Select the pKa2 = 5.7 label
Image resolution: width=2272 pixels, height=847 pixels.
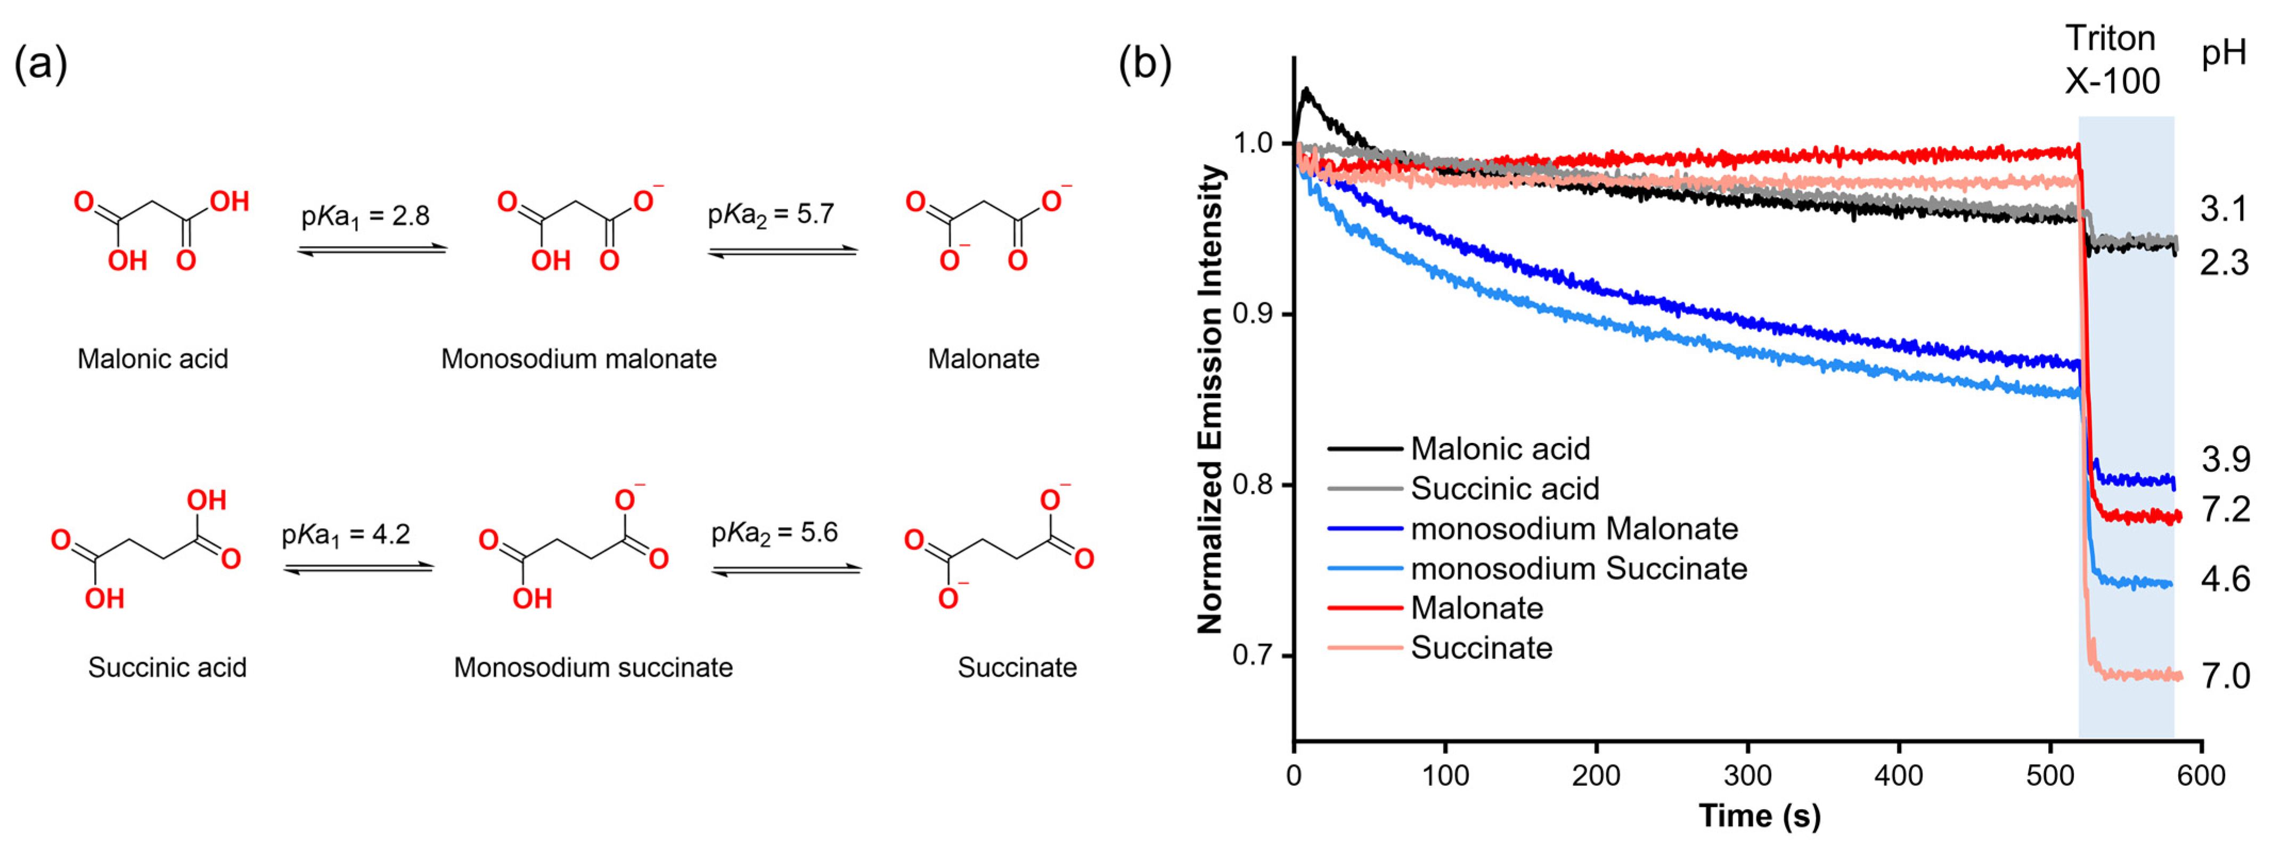point(771,214)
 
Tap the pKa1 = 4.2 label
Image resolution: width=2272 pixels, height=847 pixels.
point(346,535)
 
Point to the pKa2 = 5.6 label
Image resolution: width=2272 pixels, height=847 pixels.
point(774,533)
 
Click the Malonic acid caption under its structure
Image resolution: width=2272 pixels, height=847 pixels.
point(152,359)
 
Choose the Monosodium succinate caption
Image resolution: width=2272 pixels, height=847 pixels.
point(593,668)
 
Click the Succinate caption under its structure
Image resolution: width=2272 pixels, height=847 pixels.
point(1017,668)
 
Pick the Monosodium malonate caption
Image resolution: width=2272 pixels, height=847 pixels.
point(578,359)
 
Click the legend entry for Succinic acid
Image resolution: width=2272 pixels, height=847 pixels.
point(1504,489)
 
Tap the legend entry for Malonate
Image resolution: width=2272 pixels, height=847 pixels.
point(1476,608)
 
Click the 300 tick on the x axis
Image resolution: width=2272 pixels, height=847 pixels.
point(1747,776)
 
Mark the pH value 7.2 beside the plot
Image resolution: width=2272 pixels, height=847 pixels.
point(2225,510)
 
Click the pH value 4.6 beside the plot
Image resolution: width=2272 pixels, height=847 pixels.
point(2225,579)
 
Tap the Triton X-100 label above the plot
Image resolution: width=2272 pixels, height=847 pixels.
point(2112,60)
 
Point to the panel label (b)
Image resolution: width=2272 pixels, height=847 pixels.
point(1144,64)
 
